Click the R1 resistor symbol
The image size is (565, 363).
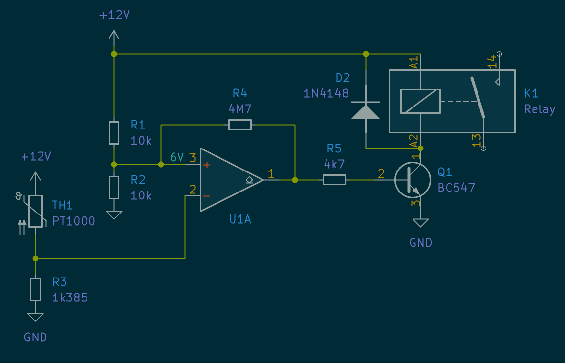pyautogui.click(x=114, y=133)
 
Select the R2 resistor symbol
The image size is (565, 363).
pyautogui.click(x=114, y=187)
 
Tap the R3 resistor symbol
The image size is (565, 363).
pyautogui.click(x=35, y=289)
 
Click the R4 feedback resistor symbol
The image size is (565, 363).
pyautogui.click(x=240, y=125)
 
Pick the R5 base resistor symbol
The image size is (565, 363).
pyautogui.click(x=334, y=180)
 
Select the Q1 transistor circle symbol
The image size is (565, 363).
pyautogui.click(x=413, y=180)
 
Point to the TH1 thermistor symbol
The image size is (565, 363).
pyautogui.click(x=35, y=211)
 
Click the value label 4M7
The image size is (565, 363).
pyautogui.click(x=240, y=108)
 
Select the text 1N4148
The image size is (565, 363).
pyautogui.click(x=326, y=93)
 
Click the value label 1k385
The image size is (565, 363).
pyautogui.click(x=70, y=297)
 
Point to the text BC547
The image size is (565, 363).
pyautogui.click(x=456, y=188)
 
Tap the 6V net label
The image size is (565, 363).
pyautogui.click(x=177, y=158)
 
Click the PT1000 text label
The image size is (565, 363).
pyautogui.click(x=74, y=221)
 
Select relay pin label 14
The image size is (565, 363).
pyautogui.click(x=491, y=62)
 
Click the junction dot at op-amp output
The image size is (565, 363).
pyautogui.click(x=295, y=180)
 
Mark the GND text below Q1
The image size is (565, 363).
pyautogui.click(x=421, y=243)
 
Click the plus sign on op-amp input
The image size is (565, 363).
pyautogui.click(x=207, y=165)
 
